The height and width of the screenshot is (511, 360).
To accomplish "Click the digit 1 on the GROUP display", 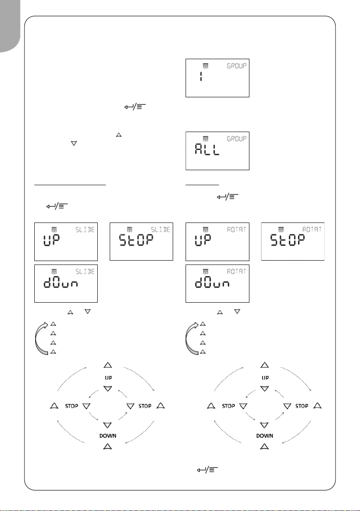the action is click(201, 77).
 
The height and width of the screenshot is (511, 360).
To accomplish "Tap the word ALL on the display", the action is click(207, 150).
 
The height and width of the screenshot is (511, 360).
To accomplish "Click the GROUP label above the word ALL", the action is click(237, 139).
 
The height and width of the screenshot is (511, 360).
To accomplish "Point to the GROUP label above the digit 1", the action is click(237, 66).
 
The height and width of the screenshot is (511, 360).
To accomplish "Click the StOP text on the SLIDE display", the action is click(136, 240).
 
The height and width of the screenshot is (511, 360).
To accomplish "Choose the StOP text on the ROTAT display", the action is click(287, 240).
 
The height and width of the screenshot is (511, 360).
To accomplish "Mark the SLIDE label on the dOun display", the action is click(85, 271).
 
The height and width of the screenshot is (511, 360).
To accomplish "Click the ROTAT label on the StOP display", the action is click(312, 229).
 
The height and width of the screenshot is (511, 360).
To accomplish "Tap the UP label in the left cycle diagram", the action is click(108, 378).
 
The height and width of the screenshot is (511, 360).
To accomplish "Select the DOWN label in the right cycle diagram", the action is click(264, 436).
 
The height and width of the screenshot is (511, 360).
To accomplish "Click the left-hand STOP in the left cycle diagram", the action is click(72, 406).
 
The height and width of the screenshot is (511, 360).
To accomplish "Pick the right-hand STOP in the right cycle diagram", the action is click(302, 406).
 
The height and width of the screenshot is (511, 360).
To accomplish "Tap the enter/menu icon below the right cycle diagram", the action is click(207, 469).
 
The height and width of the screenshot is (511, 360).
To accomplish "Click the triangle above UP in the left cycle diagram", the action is click(108, 365).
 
